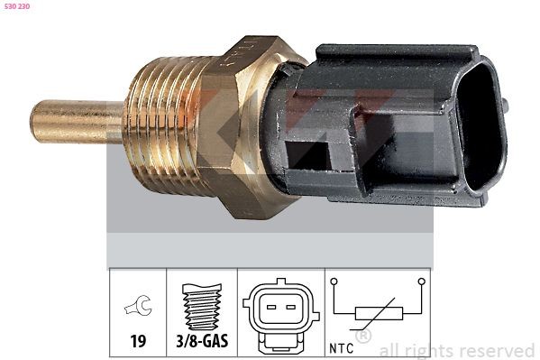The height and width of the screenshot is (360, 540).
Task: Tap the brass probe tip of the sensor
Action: click(63, 122)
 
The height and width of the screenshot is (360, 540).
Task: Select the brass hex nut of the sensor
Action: click(243, 126)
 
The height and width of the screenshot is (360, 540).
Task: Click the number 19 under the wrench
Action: click(138, 343)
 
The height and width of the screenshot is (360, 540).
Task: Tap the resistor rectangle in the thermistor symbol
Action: click(378, 315)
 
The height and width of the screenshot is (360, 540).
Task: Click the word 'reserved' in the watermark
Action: click(496, 350)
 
